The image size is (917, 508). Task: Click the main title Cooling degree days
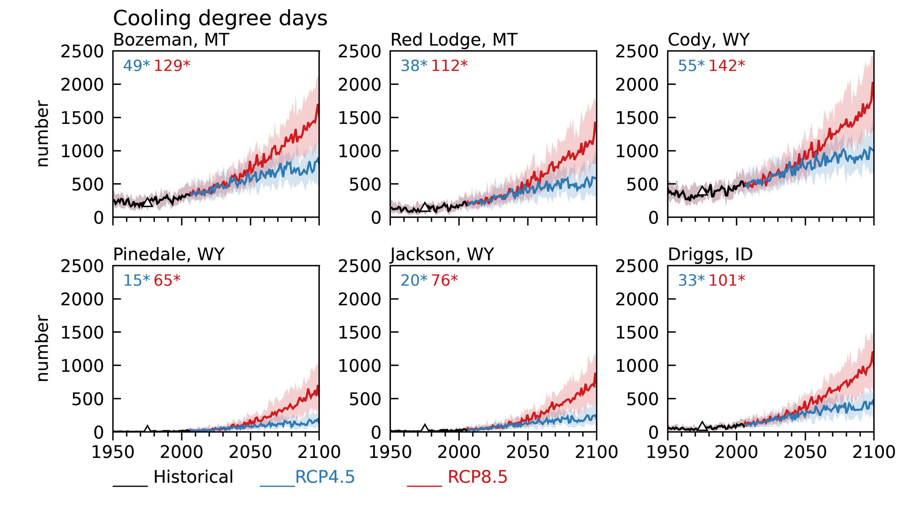(220, 18)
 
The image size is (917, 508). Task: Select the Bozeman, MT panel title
(171, 40)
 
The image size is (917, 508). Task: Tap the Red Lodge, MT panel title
(454, 40)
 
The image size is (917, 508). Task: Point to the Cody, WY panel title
(708, 40)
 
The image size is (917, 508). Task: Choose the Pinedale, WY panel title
(168, 254)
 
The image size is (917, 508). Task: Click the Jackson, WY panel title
(442, 254)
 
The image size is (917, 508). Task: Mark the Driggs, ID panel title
(710, 254)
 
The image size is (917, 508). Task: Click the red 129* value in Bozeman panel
(172, 66)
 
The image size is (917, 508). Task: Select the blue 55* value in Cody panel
(691, 66)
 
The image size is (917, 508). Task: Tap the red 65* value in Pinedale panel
(167, 280)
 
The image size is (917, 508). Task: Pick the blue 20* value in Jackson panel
(414, 280)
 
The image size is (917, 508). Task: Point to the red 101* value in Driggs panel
(727, 280)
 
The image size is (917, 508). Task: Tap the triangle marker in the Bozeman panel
(147, 202)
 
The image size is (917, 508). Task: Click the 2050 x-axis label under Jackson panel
(528, 452)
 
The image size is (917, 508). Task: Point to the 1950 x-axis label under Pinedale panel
(113, 452)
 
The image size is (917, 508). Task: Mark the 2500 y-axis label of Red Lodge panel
(360, 52)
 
